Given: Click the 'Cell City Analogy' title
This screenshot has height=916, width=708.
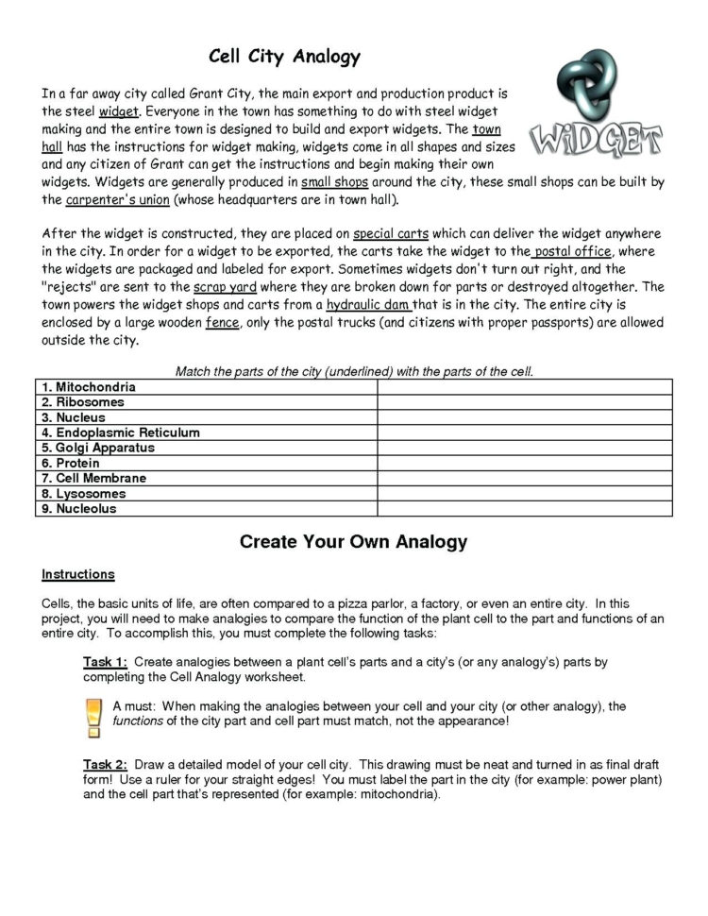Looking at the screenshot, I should tap(284, 57).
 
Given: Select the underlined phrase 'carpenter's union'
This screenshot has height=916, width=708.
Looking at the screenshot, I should tap(112, 200).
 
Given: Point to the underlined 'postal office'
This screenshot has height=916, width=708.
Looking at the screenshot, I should tap(574, 251).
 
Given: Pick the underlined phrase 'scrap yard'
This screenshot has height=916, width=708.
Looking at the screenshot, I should tap(226, 286).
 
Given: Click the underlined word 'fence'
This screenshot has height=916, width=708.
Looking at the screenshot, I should tap(222, 322).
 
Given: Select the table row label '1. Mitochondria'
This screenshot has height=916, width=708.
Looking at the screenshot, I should tap(89, 387).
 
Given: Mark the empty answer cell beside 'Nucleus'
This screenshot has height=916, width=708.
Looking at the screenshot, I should tap(524, 417).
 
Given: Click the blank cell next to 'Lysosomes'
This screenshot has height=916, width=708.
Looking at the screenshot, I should tap(524, 493).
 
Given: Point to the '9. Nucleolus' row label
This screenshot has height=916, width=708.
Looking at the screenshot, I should tap(79, 508).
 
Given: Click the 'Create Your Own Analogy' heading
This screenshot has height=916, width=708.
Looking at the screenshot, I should tap(353, 542).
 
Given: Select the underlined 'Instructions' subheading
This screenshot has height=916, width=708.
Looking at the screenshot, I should tap(78, 574).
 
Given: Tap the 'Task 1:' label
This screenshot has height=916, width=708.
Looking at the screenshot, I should tap(105, 662).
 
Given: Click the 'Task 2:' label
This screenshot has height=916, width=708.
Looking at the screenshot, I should tap(105, 763).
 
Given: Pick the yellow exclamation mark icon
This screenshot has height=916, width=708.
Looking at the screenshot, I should tap(93, 717).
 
